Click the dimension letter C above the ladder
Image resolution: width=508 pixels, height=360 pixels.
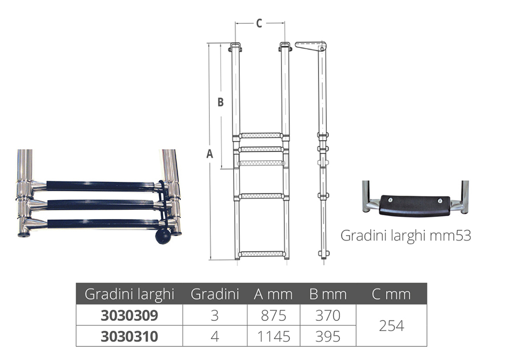pyautogui.click(x=259, y=23)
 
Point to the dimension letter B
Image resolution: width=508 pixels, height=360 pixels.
pyautogui.click(x=220, y=102)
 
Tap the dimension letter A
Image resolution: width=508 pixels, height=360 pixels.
pyautogui.click(x=210, y=154)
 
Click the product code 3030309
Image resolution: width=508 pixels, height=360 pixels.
pyautogui.click(x=129, y=315)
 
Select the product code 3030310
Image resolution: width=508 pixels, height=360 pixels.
pyautogui.click(x=129, y=336)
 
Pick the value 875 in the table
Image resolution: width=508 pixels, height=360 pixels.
pyautogui.click(x=273, y=315)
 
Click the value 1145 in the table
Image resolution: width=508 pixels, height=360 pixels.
pyautogui.click(x=273, y=336)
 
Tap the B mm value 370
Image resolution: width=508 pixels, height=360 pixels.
pyautogui.click(x=328, y=315)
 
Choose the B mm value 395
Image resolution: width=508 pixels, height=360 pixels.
pyautogui.click(x=328, y=336)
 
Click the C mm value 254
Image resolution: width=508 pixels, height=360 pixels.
pyautogui.click(x=391, y=325)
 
